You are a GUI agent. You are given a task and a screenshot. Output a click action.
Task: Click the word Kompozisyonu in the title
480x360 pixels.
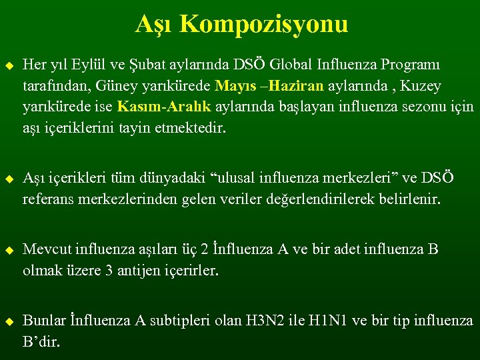pyautogui.click(x=263, y=25)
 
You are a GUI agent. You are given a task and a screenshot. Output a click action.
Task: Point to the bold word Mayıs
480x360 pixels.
pyautogui.click(x=233, y=86)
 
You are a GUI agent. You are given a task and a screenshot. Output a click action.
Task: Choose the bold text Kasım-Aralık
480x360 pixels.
pyautogui.click(x=155, y=107)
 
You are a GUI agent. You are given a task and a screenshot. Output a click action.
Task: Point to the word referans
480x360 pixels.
pyautogui.click(x=47, y=199)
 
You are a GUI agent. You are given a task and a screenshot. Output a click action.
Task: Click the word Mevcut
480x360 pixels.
pyautogui.click(x=47, y=250)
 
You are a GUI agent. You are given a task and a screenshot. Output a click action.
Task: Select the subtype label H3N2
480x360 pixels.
pyautogui.click(x=266, y=321)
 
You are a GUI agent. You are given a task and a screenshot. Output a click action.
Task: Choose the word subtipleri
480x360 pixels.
pyautogui.click(x=184, y=321)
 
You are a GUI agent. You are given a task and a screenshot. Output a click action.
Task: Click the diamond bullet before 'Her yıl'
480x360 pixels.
pyautogui.click(x=9, y=66)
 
